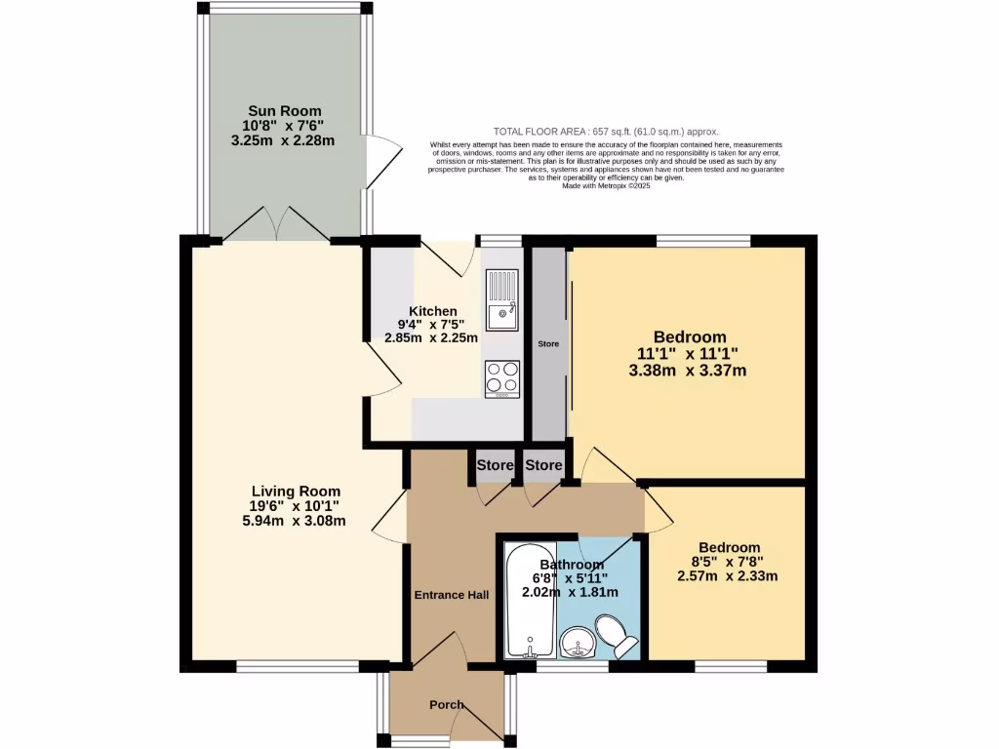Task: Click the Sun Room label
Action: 283,111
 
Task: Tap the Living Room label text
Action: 296,492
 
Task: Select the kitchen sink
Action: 503,300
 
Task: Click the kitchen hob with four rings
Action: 503,377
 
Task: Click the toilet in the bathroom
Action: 618,633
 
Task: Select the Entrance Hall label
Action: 451,595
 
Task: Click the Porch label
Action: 447,705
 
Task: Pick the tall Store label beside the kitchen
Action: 548,344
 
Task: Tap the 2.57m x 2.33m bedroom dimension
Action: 728,576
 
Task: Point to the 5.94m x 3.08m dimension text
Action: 296,522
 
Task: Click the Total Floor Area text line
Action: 606,132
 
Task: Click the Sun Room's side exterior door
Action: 382,158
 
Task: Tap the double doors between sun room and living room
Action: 276,224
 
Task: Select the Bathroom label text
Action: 572,565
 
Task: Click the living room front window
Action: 298,667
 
